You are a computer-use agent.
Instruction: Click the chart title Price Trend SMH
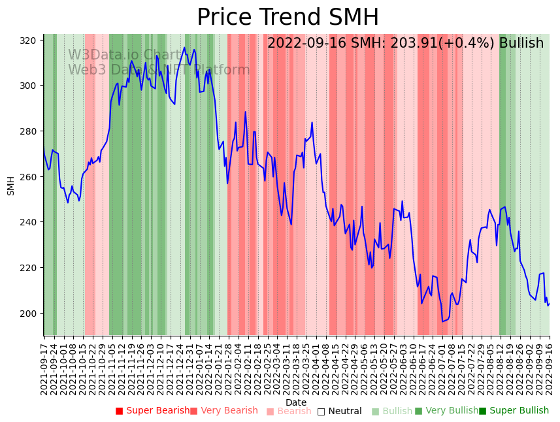pyautogui.click(x=288, y=18)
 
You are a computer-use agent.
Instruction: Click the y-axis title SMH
pyautogui.click(x=10, y=186)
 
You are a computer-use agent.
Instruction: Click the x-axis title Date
pyautogui.click(x=295, y=402)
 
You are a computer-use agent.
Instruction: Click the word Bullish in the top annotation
pyautogui.click(x=521, y=44)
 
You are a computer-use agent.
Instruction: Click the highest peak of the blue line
pyautogui.click(x=184, y=47)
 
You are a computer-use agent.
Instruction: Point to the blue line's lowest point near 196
pyautogui.click(x=442, y=321)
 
